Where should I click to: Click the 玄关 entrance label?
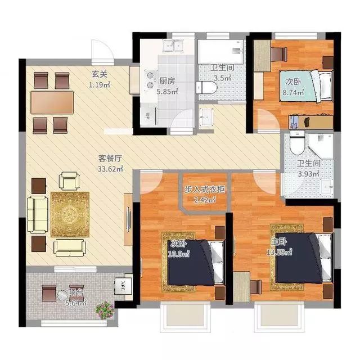pyautogui.click(x=100, y=74)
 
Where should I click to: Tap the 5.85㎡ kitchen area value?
pyautogui.click(x=167, y=91)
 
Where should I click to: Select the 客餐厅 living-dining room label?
pyautogui.click(x=110, y=158)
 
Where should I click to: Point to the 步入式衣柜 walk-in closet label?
pyautogui.click(x=205, y=190)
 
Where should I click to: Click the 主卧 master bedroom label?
pyautogui.click(x=279, y=242)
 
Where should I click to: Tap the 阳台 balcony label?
pyautogui.click(x=76, y=292)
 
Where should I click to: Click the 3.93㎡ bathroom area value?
pyautogui.click(x=309, y=174)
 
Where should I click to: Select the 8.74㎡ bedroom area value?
pyautogui.click(x=293, y=92)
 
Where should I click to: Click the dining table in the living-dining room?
pyautogui.click(x=52, y=102)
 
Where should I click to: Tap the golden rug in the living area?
pyautogui.click(x=70, y=215)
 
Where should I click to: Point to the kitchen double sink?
pyautogui.click(x=173, y=45)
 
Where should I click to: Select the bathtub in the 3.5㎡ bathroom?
pyautogui.click(x=220, y=52)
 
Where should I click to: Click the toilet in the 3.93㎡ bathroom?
pyautogui.click(x=298, y=143)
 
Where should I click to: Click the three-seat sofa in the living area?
pyautogui.click(x=38, y=215)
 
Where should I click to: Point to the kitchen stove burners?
pyautogui.click(x=150, y=80)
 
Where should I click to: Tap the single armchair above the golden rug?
pyautogui.click(x=69, y=181)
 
